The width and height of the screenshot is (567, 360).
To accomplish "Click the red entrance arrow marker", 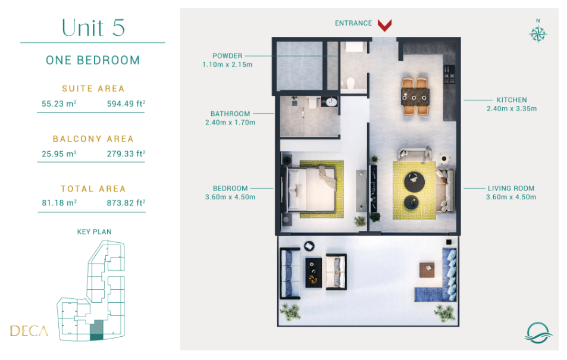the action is coord(384,26).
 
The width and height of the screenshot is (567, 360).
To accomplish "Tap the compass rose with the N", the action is coord(538,33).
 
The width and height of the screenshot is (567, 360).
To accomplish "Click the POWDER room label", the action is coord(227,56).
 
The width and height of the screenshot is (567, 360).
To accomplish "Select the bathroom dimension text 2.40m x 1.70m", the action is coord(230,123).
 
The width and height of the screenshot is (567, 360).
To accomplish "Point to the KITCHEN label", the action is coord(511,100).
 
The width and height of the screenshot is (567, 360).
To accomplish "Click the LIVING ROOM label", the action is coord(511,188).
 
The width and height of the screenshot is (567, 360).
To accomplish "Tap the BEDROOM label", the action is coord(230,188).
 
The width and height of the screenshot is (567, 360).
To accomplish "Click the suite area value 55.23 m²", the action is coord(59,104).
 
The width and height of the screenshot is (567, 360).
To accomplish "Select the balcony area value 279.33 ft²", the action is coord(126,154).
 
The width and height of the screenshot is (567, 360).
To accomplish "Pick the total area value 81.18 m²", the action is coord(59,203).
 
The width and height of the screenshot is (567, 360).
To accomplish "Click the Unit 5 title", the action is coord(93,28).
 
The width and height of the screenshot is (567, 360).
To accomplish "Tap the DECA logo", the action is coord(29,331).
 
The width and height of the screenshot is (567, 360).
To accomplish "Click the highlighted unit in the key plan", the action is coord(96,330).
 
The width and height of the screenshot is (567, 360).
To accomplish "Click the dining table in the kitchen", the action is coord(415,96).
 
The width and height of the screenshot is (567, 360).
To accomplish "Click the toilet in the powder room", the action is coord(350,83).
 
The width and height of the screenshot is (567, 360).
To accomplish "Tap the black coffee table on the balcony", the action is coord(314,273).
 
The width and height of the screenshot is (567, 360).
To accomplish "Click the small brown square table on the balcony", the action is coord(427,270).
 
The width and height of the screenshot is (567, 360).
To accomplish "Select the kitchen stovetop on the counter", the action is coord(449,74).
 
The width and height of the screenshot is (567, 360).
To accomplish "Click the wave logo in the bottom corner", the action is coord(538,333).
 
